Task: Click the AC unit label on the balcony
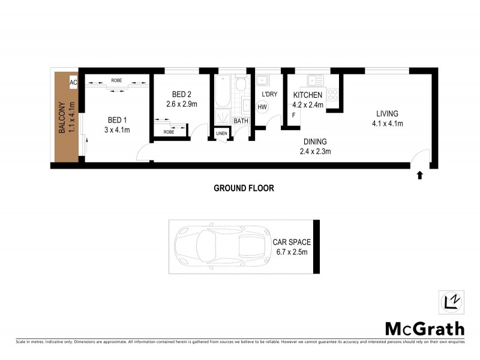pyautogui.click(x=74, y=83)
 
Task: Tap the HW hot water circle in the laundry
pyautogui.click(x=262, y=107)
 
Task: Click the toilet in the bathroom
pyautogui.click(x=241, y=85)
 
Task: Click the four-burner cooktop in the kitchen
pyautogui.click(x=332, y=94)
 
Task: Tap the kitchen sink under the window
pyautogui.click(x=313, y=80)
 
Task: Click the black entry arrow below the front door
pyautogui.click(x=419, y=175)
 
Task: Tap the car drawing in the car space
pyautogui.click(x=219, y=246)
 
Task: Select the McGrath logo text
pyautogui.click(x=424, y=329)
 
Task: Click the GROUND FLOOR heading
pyautogui.click(x=244, y=188)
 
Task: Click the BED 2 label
pyautogui.click(x=181, y=94)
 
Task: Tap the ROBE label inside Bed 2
pyautogui.click(x=169, y=131)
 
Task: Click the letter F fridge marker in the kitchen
pyautogui.click(x=293, y=115)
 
